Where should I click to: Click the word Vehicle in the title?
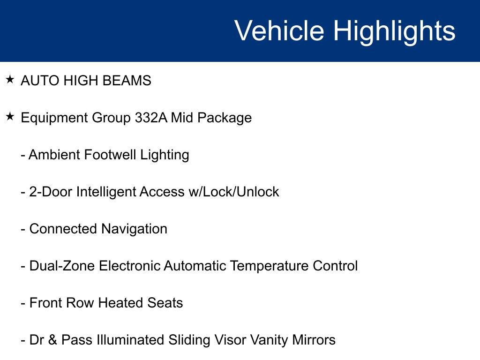click(279, 31)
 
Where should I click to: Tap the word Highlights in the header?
click(394, 31)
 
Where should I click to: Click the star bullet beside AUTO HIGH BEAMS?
click(10, 80)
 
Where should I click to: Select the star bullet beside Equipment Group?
click(10, 117)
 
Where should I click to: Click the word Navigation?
click(134, 229)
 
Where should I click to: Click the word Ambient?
click(54, 155)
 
